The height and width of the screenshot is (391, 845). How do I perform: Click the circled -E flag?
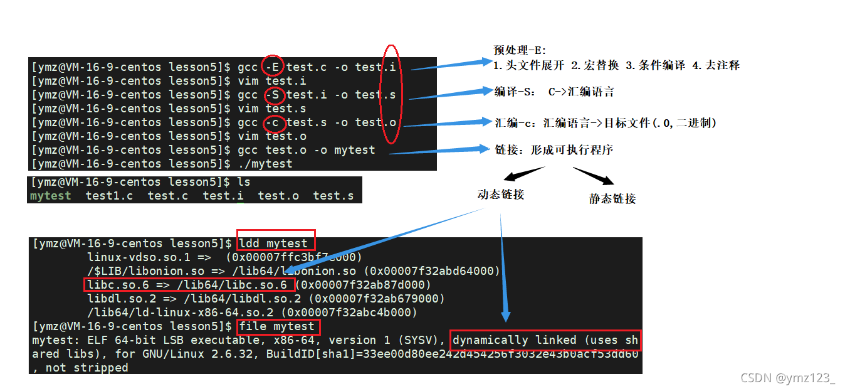(273, 67)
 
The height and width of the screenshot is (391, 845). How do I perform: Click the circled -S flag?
(273, 95)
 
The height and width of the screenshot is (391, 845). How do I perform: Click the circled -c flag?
(273, 122)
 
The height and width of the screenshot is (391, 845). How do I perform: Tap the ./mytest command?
(265, 164)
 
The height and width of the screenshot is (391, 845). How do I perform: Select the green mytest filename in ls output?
(51, 196)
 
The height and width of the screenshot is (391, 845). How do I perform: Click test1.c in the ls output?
(109, 196)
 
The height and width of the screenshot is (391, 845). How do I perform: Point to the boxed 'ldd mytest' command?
(276, 244)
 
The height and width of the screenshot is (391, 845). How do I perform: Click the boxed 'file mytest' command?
(278, 326)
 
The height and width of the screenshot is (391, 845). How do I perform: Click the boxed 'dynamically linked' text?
(545, 340)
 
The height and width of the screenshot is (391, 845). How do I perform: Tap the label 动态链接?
(500, 195)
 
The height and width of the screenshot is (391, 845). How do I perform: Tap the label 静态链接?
(612, 199)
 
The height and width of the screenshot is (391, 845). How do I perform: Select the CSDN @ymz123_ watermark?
(788, 378)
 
